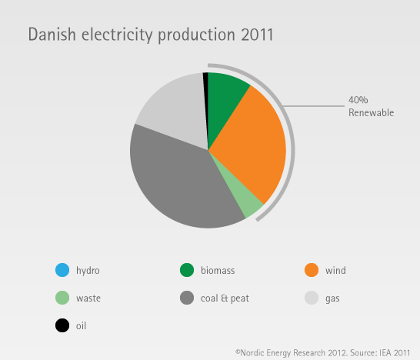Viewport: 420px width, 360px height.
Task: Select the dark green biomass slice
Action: tap(225, 99)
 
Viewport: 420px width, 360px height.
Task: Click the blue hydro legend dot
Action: tap(62, 270)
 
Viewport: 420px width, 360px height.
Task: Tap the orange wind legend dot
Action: tap(312, 270)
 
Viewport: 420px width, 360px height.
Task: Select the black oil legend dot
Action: tap(62, 325)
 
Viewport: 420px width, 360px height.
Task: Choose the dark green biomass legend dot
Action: tap(187, 270)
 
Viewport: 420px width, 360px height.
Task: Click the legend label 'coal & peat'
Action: tap(225, 298)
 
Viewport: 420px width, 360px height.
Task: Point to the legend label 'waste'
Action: tap(88, 298)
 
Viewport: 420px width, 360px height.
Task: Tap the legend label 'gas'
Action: tap(332, 299)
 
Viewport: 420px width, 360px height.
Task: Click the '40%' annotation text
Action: tap(358, 100)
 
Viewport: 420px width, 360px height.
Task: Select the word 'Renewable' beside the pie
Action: tap(371, 112)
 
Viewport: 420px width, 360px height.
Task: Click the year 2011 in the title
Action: tap(257, 35)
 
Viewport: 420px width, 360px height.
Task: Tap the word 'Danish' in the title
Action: tap(52, 35)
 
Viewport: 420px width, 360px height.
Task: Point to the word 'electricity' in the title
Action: tap(117, 35)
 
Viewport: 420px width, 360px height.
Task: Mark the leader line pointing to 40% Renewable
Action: tap(314, 106)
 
